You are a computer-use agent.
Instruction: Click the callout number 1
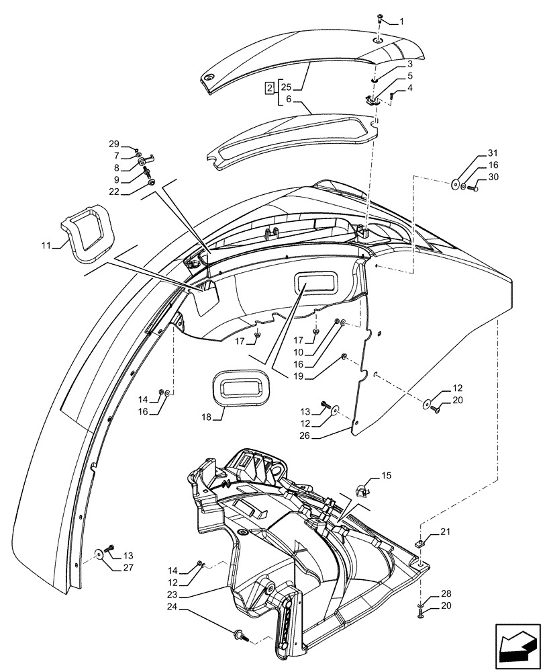click(401, 22)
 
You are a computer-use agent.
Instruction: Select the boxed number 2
click(268, 89)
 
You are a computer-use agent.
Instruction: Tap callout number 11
click(46, 247)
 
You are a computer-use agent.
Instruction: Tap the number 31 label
click(493, 153)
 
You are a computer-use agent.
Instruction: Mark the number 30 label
click(493, 177)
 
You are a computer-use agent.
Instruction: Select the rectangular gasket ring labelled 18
click(243, 388)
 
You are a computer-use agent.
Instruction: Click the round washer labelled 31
click(456, 183)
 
